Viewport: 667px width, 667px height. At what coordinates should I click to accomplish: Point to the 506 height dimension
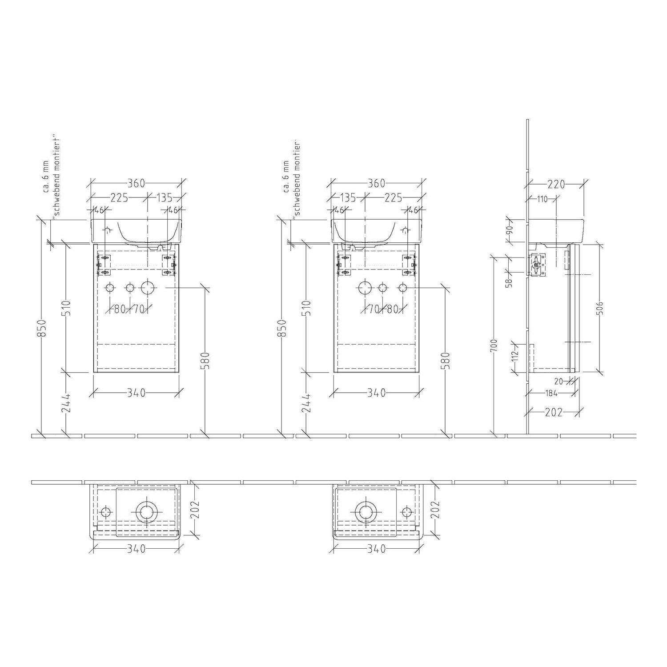click(600, 307)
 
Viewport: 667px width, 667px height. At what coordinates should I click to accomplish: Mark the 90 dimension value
click(510, 230)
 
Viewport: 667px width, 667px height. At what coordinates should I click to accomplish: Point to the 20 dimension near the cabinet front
click(559, 381)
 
